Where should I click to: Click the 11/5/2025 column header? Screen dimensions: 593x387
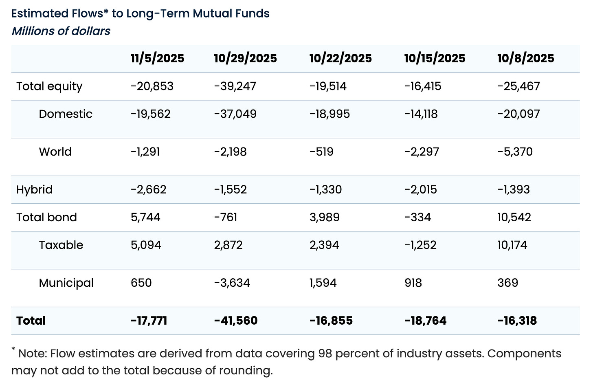point(157,58)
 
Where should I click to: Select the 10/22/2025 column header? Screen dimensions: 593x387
point(340,58)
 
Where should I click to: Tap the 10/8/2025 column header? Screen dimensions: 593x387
point(525,58)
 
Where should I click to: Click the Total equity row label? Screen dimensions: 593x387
point(49,86)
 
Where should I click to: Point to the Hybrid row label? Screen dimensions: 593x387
point(34,189)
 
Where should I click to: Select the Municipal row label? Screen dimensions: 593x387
point(66,283)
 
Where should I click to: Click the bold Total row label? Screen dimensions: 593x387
point(31,321)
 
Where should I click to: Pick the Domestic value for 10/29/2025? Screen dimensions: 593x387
point(235,114)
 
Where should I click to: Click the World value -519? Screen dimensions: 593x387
point(321,152)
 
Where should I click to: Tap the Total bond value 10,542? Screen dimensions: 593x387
point(514,217)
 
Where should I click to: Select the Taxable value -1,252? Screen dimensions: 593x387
point(420,245)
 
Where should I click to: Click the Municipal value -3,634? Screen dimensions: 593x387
point(232,283)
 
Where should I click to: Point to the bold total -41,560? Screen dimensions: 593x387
point(235,321)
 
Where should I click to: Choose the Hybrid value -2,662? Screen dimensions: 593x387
point(148,189)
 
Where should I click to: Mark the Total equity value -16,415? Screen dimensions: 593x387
point(422,86)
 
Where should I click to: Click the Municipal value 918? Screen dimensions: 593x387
point(413,283)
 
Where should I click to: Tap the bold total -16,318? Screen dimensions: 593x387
point(517,321)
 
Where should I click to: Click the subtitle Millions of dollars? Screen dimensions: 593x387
point(61,31)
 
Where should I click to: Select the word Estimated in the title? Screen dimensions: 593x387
point(40,13)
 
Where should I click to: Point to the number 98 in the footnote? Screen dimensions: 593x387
point(325,353)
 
